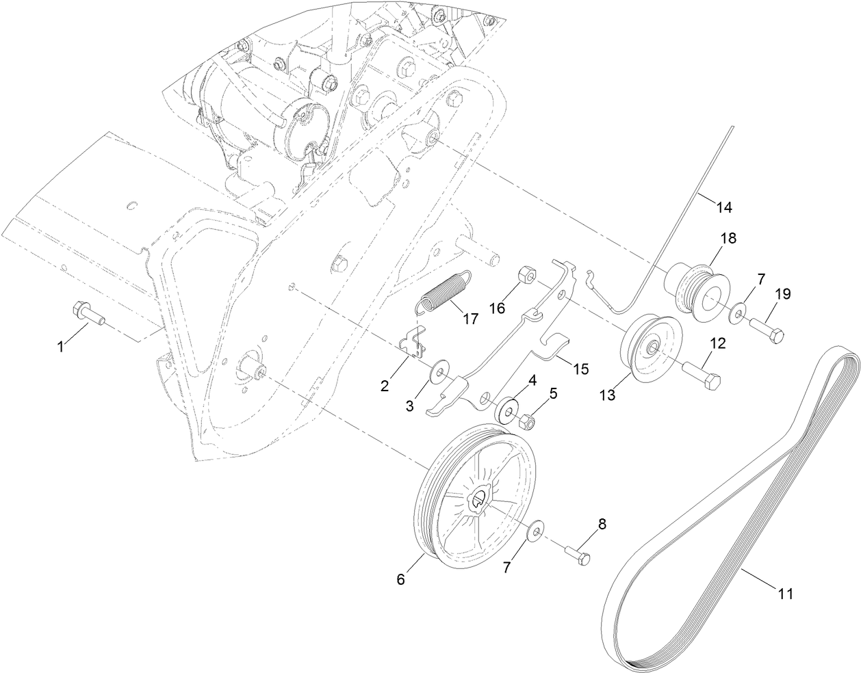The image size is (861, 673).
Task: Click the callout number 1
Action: pyautogui.click(x=60, y=347)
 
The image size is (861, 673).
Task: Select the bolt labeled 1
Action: pyautogui.click(x=85, y=316)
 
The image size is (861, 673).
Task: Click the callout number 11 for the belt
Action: pyautogui.click(x=785, y=594)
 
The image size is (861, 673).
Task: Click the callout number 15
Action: pyautogui.click(x=580, y=369)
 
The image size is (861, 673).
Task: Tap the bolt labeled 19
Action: pyautogui.click(x=767, y=330)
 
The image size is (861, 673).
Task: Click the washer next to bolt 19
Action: pyautogui.click(x=737, y=312)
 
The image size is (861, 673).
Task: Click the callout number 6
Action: pyautogui.click(x=400, y=579)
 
